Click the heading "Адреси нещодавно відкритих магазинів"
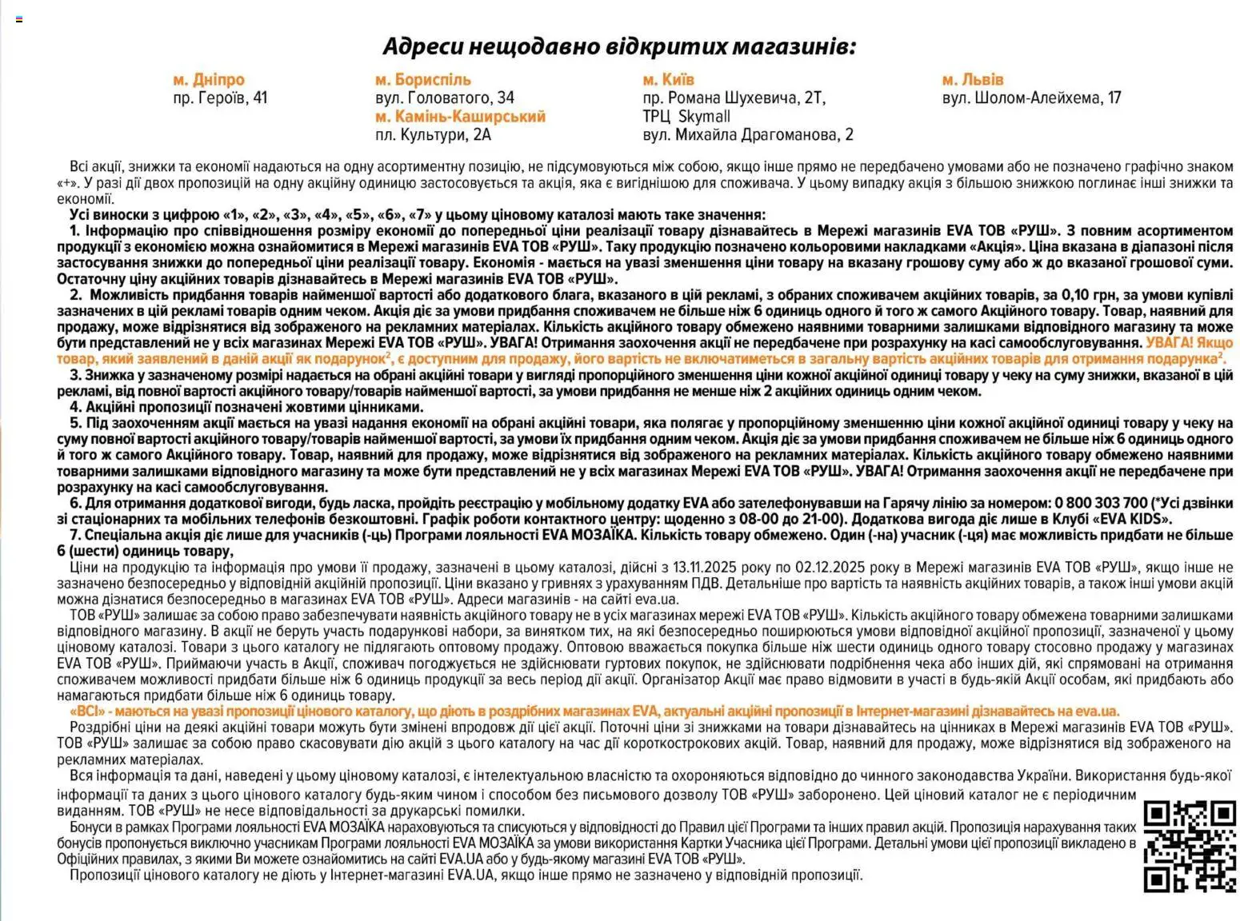(x=618, y=46)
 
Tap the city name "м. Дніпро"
(x=209, y=80)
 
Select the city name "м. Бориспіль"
(x=422, y=80)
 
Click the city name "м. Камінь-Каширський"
(x=460, y=117)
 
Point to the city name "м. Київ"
(x=668, y=80)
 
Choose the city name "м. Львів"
(x=972, y=80)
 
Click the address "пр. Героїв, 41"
(x=220, y=98)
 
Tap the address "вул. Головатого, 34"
(x=444, y=98)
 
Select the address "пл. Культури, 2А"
(x=433, y=135)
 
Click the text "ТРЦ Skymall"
(x=686, y=117)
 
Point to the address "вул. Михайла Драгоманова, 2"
(x=748, y=135)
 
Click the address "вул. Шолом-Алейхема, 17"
(x=1031, y=98)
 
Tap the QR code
(x=1189, y=847)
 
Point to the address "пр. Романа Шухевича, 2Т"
(x=734, y=98)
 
